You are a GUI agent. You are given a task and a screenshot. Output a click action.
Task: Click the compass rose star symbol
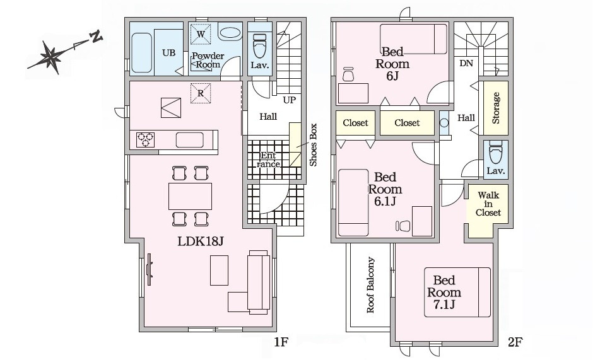pyautogui.click(x=50, y=57)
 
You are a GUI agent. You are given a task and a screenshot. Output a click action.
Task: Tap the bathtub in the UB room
pyautogui.click(x=141, y=53)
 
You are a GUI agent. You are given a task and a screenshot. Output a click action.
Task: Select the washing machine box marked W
pyautogui.click(x=201, y=33)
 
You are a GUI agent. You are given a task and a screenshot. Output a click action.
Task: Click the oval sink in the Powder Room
pyautogui.click(x=230, y=33)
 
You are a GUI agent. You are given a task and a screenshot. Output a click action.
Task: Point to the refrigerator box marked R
pyautogui.click(x=201, y=93)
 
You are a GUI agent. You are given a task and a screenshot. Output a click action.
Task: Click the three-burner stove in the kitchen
pyautogui.click(x=146, y=139)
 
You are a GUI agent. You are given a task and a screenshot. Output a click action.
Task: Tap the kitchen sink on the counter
pyautogui.click(x=190, y=139)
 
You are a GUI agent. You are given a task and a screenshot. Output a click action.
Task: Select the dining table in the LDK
pyautogui.click(x=190, y=196)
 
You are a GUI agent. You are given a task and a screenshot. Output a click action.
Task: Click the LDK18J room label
pyautogui.click(x=200, y=241)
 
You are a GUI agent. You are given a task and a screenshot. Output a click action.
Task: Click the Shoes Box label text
pyautogui.click(x=314, y=144)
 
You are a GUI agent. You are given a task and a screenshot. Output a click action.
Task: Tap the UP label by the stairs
pyautogui.click(x=290, y=100)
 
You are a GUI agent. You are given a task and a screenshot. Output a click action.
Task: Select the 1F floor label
pyautogui.click(x=281, y=341)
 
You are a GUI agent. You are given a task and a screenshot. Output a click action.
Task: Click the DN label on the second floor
pyautogui.click(x=466, y=63)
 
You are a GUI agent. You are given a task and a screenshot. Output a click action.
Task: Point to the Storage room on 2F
pyautogui.click(x=496, y=108)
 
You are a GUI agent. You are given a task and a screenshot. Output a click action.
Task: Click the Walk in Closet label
pyautogui.click(x=488, y=204)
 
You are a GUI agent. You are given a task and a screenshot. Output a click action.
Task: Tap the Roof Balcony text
pyautogui.click(x=370, y=285)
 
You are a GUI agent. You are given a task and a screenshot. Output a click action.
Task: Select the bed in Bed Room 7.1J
pyautogui.click(x=457, y=293)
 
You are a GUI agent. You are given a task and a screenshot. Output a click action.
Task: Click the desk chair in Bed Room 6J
pyautogui.click(x=348, y=74)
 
